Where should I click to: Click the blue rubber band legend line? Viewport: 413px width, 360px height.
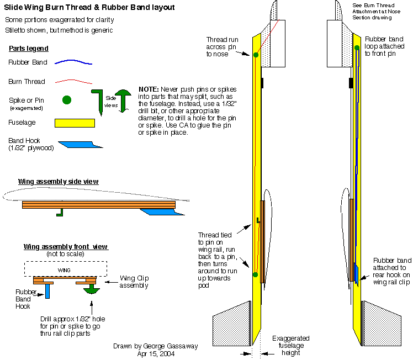73,62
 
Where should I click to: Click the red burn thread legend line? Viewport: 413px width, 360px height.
73,81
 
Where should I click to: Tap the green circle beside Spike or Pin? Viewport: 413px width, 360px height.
67,100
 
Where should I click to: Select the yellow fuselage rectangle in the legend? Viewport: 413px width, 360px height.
75,123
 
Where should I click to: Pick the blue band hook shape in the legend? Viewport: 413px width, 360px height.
80,145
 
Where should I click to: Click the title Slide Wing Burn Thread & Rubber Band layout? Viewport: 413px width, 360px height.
89,7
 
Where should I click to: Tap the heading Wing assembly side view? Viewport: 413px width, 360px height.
59,181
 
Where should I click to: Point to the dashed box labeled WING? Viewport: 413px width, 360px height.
65,269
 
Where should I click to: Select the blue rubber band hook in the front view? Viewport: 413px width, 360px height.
47,289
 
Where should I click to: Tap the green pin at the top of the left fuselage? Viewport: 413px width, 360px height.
256,54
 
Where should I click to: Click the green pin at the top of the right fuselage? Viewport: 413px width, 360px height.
357,48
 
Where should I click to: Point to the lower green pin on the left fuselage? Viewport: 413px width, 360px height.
255,274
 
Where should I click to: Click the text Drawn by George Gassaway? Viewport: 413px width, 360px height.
156,346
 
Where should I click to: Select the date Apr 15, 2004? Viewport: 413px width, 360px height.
156,354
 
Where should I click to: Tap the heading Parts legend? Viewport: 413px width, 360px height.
29,49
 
